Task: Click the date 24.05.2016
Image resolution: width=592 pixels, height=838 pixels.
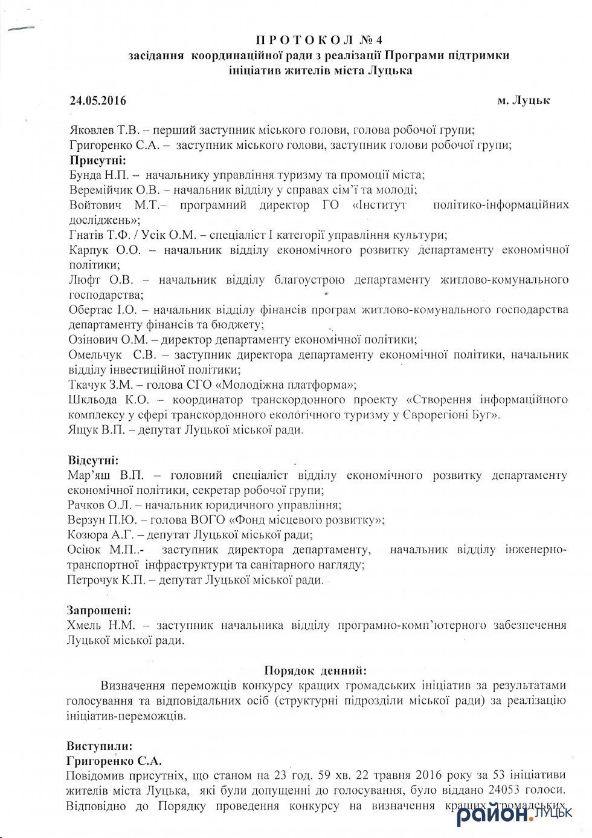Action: (98, 100)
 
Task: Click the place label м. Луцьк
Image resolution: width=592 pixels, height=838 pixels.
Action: (523, 100)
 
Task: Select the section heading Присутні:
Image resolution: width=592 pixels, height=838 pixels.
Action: (98, 160)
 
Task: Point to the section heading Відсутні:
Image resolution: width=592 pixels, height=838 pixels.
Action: (93, 460)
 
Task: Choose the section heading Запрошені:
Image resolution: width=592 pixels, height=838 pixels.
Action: (99, 610)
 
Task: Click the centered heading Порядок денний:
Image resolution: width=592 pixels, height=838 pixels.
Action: (315, 670)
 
